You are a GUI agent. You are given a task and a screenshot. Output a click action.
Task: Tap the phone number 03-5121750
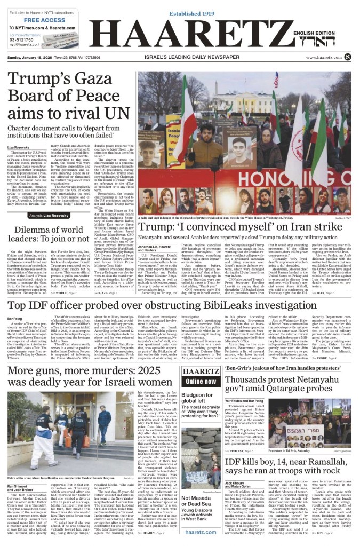click(x=21, y=39)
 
